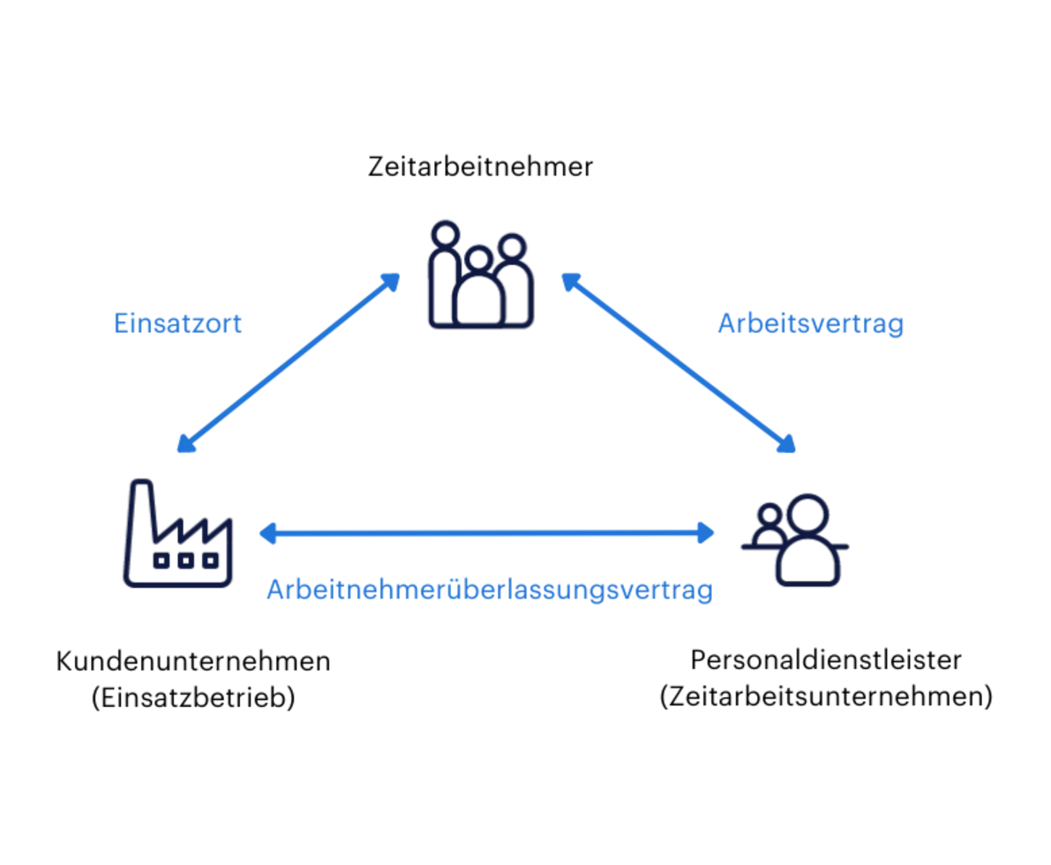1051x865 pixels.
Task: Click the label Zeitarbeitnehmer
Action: coord(480,166)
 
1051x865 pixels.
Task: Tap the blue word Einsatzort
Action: coord(177,323)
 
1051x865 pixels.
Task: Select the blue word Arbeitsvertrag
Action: coord(811,324)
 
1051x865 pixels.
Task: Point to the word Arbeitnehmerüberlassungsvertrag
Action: coord(490,590)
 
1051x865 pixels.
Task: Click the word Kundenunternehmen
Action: coord(193,661)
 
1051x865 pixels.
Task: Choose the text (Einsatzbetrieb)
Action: coord(193,697)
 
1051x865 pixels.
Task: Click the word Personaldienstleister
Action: coord(826,660)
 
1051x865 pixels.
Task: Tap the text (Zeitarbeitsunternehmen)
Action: coord(826,696)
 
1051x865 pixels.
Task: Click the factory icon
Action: coord(177,533)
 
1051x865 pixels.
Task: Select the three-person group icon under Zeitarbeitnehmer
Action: coord(481,275)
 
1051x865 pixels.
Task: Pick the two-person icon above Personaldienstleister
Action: coord(795,540)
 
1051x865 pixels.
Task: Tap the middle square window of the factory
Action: coord(185,560)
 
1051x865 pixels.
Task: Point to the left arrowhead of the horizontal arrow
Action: coord(268,534)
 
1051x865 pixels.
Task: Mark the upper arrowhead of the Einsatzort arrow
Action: coord(391,282)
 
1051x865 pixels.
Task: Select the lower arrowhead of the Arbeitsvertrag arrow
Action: coord(786,444)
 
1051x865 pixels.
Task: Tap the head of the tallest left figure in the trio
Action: coord(445,235)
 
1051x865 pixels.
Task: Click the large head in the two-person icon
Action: coord(807,515)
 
